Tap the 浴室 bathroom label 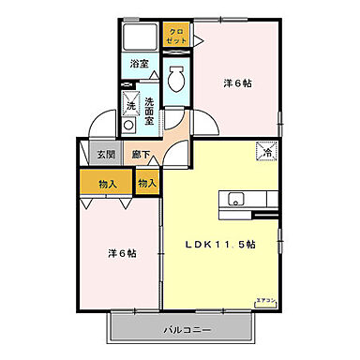coord(139,65)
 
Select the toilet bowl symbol coord(174,81)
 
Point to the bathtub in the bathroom coord(140,38)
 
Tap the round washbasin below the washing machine coord(129,124)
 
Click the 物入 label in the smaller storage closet coord(147,182)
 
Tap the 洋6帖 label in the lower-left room coord(119,253)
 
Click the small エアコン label coord(266,300)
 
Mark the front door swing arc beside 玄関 coord(102,127)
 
